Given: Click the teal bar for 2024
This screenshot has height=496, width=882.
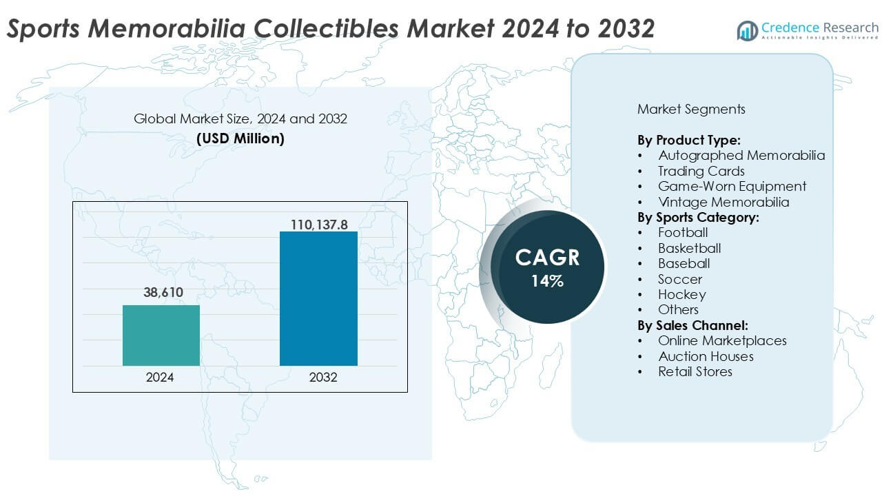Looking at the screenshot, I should [161, 335].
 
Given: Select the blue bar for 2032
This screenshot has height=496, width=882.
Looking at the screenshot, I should [318, 298].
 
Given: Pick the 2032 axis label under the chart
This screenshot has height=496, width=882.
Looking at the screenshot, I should [318, 378].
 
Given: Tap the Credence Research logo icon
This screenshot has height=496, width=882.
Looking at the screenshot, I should [747, 30].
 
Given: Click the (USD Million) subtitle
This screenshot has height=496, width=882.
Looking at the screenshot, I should [240, 138].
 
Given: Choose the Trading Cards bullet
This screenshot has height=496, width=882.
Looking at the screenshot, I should [701, 171].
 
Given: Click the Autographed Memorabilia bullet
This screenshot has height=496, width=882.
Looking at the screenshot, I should [741, 156].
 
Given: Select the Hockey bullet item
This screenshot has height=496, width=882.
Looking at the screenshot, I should [681, 294].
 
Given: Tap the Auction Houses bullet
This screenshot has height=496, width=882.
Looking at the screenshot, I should [706, 356].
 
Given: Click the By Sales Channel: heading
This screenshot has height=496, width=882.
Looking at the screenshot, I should [693, 325].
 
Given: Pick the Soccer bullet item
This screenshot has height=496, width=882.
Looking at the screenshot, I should [679, 279].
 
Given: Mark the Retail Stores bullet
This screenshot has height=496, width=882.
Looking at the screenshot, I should [695, 371].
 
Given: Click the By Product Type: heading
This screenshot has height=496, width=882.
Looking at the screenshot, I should [689, 140].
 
